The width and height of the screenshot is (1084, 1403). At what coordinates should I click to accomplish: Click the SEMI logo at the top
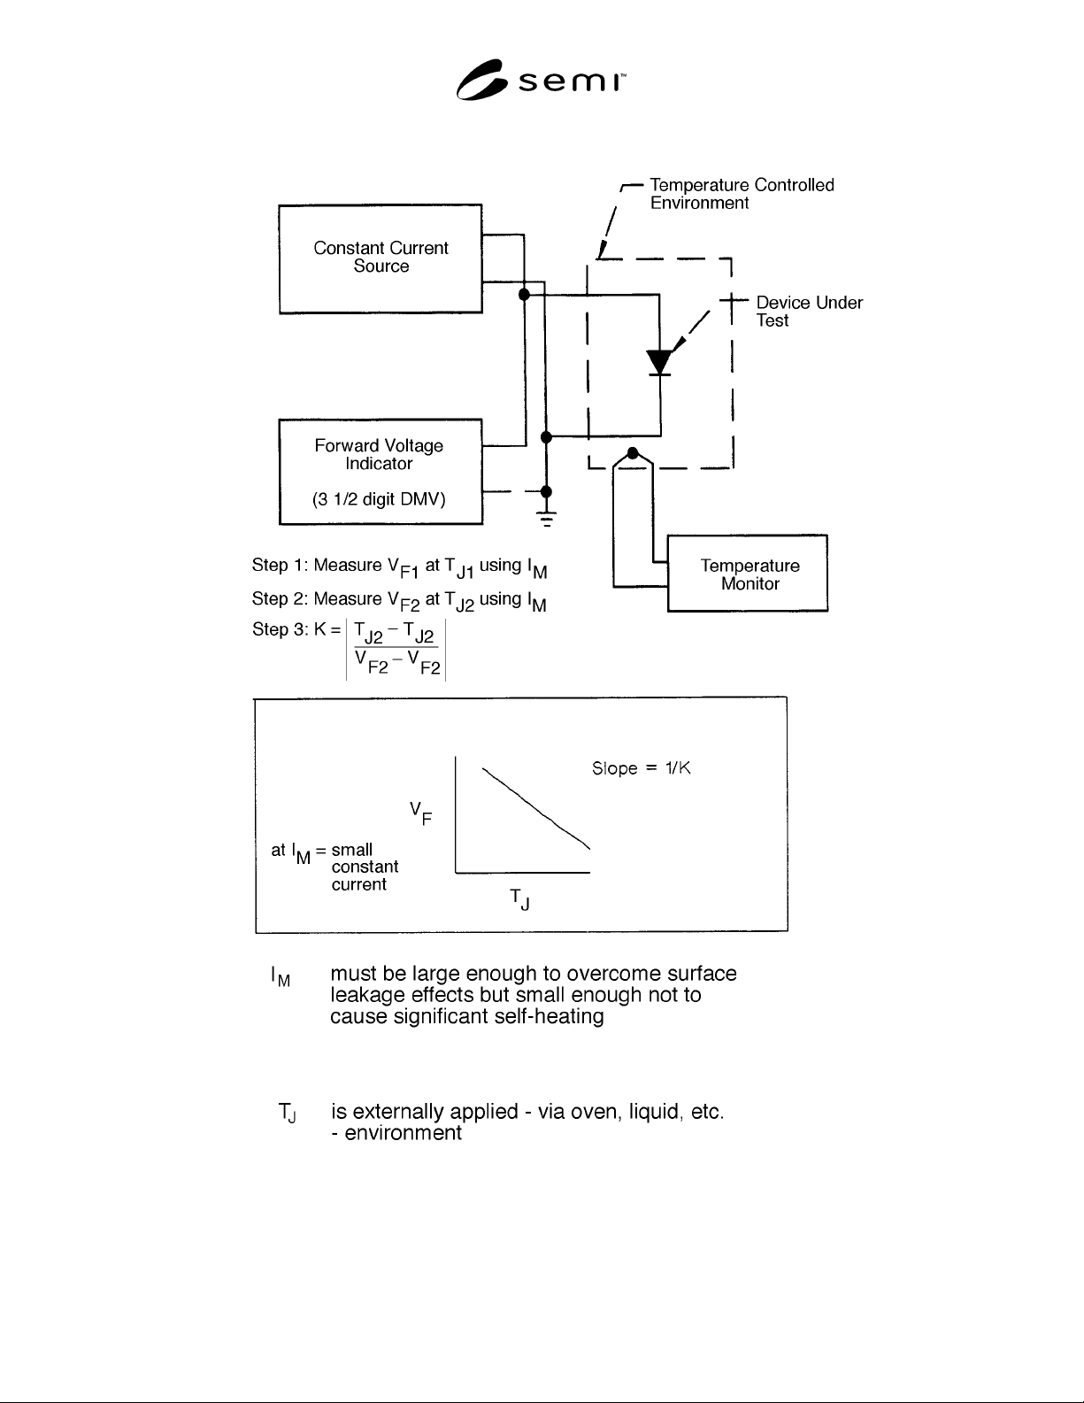tap(541, 80)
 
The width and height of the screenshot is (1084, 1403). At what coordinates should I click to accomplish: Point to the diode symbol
tap(658, 362)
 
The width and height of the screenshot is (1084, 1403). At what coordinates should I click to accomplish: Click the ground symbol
tap(547, 519)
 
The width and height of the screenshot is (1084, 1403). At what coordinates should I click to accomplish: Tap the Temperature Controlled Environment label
tap(742, 194)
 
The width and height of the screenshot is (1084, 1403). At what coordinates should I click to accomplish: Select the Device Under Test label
tap(809, 312)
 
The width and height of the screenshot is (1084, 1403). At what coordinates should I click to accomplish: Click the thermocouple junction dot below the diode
tap(633, 453)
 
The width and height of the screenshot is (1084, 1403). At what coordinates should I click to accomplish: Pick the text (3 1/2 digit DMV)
tap(379, 499)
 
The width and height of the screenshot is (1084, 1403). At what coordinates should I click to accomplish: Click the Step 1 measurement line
tap(399, 567)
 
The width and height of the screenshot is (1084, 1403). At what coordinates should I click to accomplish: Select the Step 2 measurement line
tap(399, 600)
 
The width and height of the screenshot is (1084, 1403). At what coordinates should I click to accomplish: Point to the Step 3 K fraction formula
tap(396, 648)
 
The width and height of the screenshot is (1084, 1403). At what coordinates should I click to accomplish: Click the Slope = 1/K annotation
tap(642, 767)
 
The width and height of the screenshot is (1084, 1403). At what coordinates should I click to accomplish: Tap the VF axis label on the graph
tap(420, 813)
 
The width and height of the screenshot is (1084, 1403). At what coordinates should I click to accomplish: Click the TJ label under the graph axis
tap(520, 898)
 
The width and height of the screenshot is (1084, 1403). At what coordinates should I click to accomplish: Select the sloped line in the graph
tap(536, 808)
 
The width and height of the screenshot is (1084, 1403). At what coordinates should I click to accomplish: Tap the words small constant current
tap(365, 867)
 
